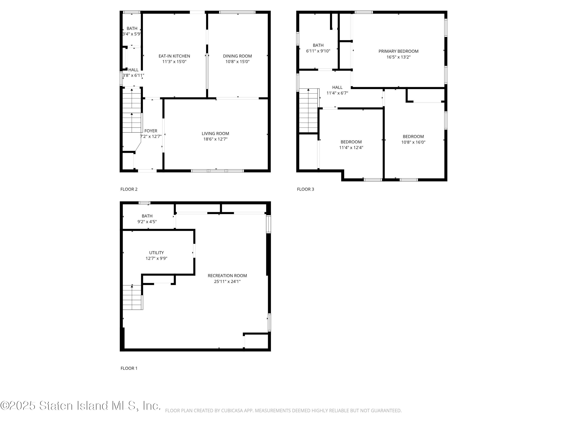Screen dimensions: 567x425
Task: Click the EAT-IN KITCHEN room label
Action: point(174,56)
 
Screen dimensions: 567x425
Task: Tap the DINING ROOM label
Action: point(237,56)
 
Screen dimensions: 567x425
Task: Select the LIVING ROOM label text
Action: point(215,134)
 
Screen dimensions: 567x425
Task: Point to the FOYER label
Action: point(151,131)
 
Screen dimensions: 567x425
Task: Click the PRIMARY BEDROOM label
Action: point(398,51)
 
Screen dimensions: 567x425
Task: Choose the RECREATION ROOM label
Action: point(227,276)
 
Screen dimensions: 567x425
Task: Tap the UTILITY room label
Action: point(156,253)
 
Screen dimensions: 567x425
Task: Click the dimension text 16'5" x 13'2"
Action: point(399,57)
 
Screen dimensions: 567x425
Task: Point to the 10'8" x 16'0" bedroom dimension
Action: point(413,142)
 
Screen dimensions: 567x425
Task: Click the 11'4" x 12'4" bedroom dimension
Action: point(351,148)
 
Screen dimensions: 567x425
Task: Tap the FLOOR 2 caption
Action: point(129,189)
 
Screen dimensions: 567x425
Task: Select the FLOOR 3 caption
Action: point(306,189)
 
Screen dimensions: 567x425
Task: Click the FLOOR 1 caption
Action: point(129,368)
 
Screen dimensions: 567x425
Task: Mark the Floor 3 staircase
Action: point(309,111)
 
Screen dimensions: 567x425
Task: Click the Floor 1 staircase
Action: point(132,297)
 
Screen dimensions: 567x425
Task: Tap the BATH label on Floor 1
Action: point(147,216)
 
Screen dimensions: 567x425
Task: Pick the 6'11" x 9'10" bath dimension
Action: point(318,51)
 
